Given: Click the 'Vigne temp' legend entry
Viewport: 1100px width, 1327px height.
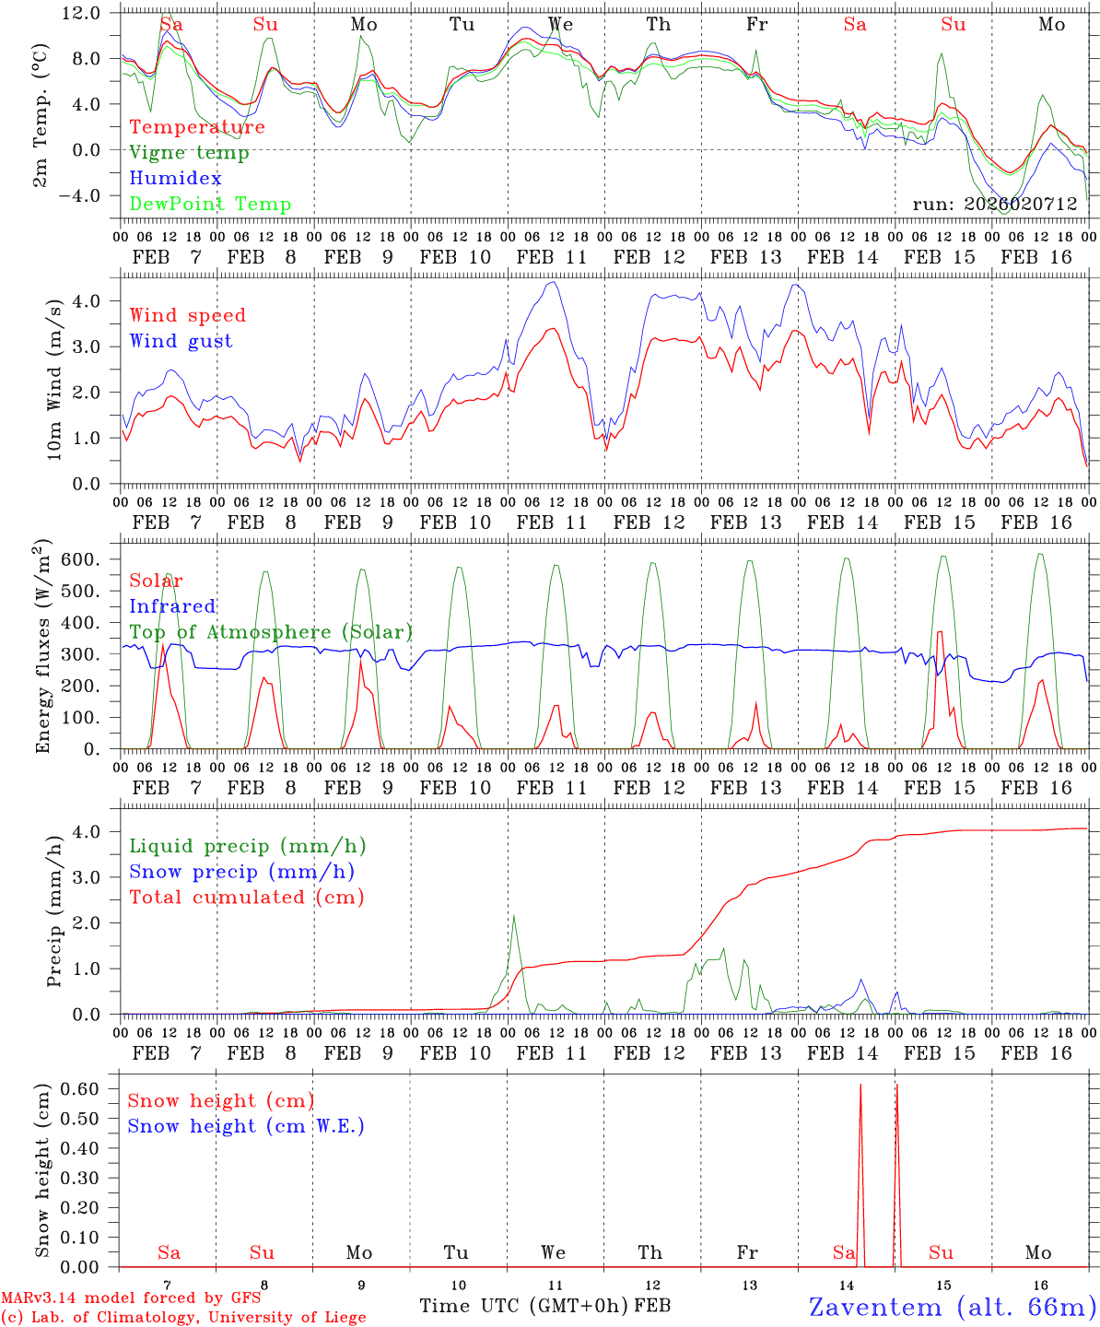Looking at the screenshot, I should click(189, 153).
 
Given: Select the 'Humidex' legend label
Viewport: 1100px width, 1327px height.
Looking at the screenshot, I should click(175, 179).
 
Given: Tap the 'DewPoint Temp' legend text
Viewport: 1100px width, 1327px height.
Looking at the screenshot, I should click(210, 205).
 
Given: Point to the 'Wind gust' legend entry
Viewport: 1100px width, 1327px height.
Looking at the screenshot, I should click(181, 342).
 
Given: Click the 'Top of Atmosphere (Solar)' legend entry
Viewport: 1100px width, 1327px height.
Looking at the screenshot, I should click(271, 632).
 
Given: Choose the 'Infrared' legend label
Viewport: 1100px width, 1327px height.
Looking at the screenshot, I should click(172, 606).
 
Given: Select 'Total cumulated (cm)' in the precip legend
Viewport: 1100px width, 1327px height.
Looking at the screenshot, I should click(247, 898).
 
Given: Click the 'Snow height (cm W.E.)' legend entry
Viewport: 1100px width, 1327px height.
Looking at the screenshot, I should click(246, 1126).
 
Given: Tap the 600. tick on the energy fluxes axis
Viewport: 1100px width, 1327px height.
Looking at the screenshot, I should click(91, 559).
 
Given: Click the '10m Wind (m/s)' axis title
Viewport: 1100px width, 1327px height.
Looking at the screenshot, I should click(53, 379).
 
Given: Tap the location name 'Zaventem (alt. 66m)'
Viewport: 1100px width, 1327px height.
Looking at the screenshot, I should click(953, 1307).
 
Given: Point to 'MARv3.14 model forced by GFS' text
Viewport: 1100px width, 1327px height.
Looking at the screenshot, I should click(131, 1298).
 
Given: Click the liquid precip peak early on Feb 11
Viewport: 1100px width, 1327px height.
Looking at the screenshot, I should click(513, 916).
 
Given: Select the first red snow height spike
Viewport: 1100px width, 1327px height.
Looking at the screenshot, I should click(860, 1086).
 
